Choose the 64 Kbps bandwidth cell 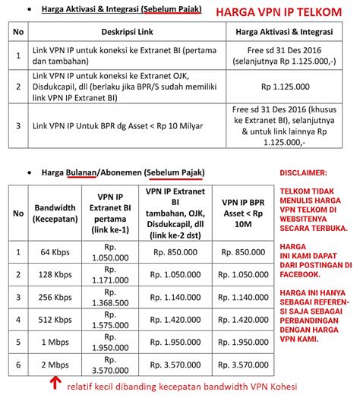click(x=55, y=251)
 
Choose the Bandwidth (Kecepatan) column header click(x=55, y=211)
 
